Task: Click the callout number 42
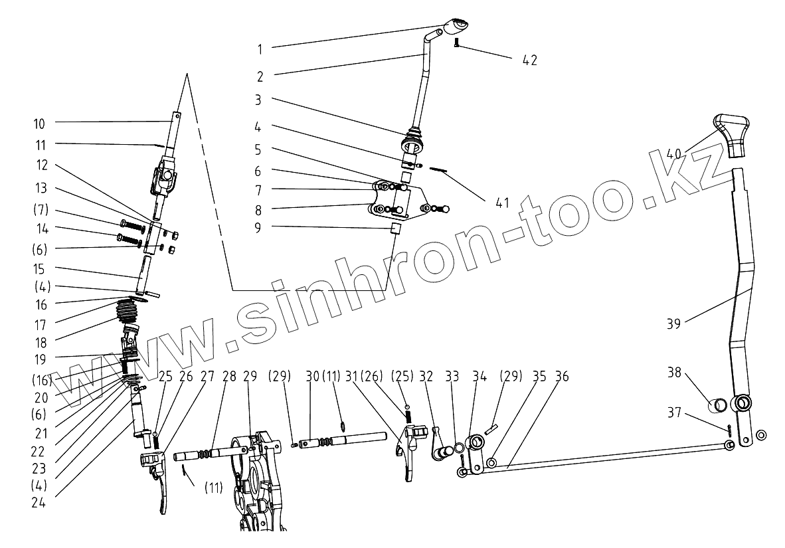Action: [x=529, y=60]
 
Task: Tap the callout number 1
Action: [x=259, y=48]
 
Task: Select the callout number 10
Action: [x=39, y=123]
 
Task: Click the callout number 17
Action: [x=39, y=325]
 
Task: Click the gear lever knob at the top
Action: [x=456, y=26]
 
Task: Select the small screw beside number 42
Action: [x=457, y=43]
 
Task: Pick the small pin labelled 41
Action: [x=436, y=169]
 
